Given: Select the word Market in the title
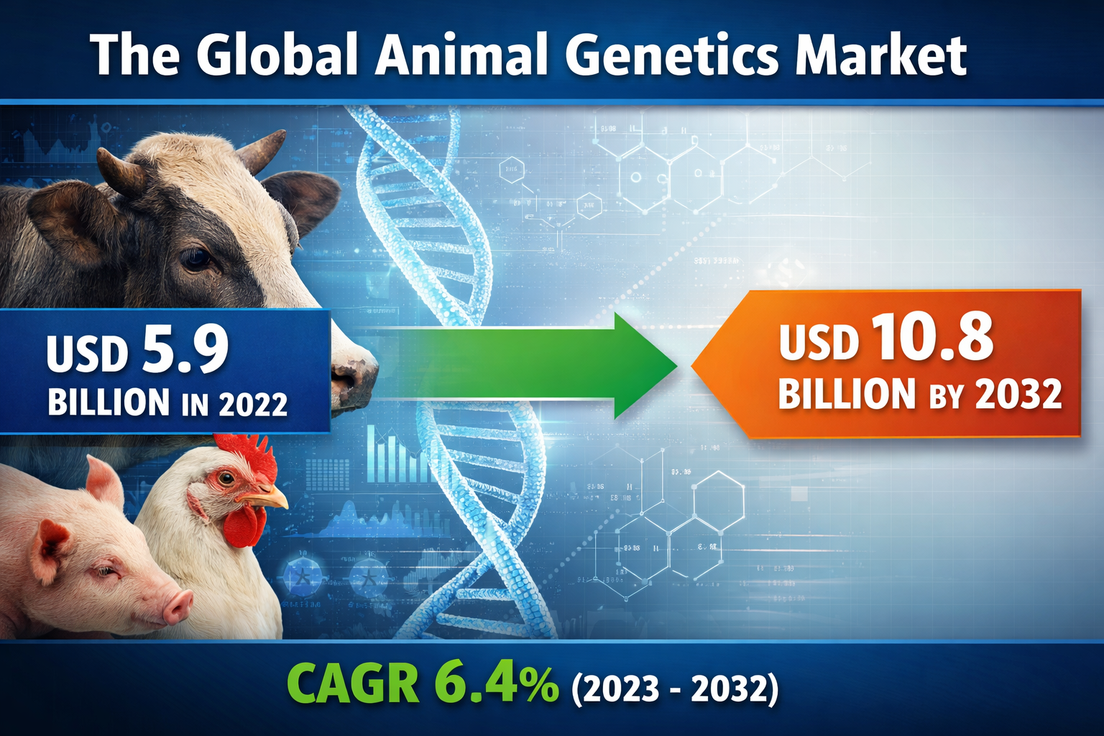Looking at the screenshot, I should [x=880, y=56].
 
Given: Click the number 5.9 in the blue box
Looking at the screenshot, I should [x=185, y=349].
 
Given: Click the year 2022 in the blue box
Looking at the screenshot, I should [x=253, y=404].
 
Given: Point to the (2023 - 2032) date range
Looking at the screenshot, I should [x=674, y=689].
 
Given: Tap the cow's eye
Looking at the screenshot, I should [x=195, y=258].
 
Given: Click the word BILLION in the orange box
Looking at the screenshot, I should [x=847, y=395].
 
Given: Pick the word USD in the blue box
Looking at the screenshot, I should [x=87, y=354].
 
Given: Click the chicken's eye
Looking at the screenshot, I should [x=226, y=477].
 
